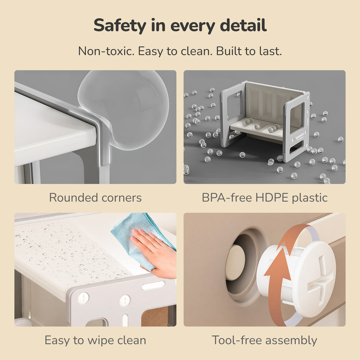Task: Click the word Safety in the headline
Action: (120, 25)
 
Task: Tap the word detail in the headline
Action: (243, 25)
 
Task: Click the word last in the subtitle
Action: (270, 51)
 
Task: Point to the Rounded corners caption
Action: (95, 197)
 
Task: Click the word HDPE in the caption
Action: (272, 197)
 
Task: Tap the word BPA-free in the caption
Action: (227, 197)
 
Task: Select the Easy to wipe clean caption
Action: (95, 340)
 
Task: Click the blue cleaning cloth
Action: (138, 234)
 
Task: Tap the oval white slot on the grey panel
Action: (153, 286)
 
